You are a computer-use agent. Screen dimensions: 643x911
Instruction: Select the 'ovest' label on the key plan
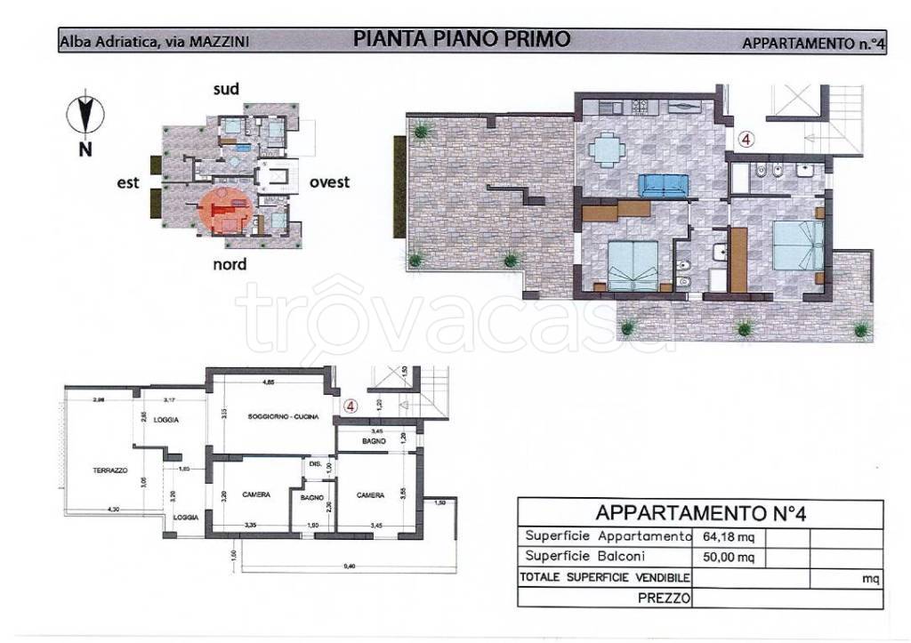pos(329,182)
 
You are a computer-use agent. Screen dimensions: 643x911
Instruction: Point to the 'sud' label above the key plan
pos(226,89)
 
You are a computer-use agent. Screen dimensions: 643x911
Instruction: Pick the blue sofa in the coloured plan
pos(663,185)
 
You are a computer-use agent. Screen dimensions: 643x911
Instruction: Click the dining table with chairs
pos(608,149)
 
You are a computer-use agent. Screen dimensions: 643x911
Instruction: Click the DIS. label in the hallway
pos(315,462)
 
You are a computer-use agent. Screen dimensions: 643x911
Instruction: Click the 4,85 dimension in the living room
pos(267,383)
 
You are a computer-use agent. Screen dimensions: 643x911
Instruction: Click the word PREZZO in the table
pos(665,599)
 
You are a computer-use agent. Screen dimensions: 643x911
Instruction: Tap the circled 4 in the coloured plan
pos(746,139)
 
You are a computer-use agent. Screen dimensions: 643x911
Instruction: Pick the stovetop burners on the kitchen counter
pos(640,106)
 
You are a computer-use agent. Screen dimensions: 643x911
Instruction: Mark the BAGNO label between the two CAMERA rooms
pos(311,498)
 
